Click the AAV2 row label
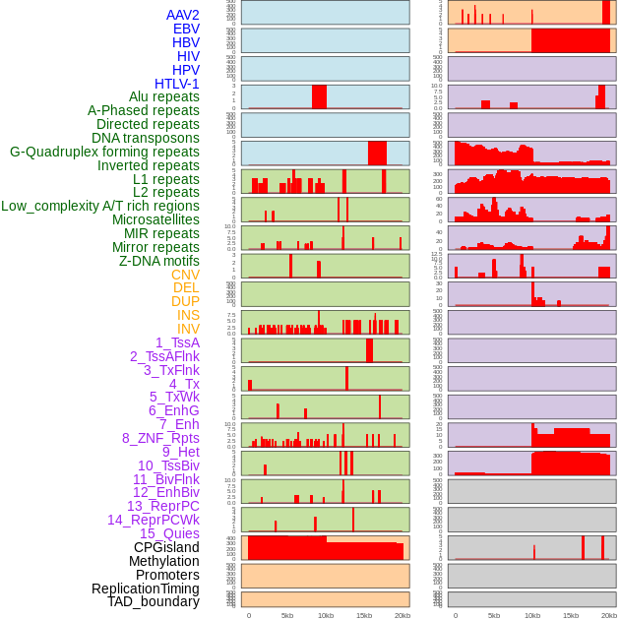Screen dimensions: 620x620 (x=183, y=15)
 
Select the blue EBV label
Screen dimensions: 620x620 (x=186, y=29)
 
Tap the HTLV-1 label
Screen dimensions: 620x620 (x=177, y=84)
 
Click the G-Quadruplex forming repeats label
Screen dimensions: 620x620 (x=104, y=152)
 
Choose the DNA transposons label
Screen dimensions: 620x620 (x=146, y=138)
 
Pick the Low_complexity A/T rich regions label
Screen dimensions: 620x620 (x=100, y=206)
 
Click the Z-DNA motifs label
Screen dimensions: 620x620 (x=159, y=261)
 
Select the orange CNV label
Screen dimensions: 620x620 (x=185, y=275)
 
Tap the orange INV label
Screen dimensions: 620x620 (x=188, y=329)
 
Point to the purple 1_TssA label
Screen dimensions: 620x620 (x=177, y=342)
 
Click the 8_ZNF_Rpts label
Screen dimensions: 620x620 (x=160, y=438)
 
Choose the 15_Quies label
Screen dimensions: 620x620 (x=169, y=533)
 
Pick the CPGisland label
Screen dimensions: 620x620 (x=166, y=547)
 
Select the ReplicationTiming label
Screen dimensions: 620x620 (x=145, y=589)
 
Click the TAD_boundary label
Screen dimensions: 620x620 (x=154, y=601)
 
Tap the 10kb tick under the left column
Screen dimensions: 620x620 (x=326, y=615)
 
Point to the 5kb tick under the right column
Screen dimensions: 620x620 (x=493, y=615)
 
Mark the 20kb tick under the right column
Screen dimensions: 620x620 (x=609, y=615)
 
